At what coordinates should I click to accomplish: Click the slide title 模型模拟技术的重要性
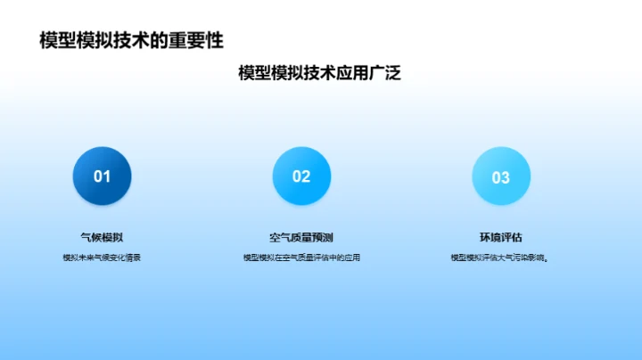[131, 41]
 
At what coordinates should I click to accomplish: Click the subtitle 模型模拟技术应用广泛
[319, 74]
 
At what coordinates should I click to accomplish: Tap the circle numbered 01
[102, 176]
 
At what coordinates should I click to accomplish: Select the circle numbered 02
[301, 176]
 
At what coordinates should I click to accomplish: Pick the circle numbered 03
[501, 177]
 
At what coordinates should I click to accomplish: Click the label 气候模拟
[102, 237]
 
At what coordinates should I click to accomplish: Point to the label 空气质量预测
[301, 237]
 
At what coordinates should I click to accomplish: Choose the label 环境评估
[501, 237]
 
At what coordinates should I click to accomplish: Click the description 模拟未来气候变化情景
[102, 258]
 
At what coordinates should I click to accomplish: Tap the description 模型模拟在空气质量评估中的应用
[301, 258]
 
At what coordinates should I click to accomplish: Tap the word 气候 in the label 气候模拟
[91, 237]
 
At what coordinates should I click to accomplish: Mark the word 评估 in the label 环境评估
[512, 237]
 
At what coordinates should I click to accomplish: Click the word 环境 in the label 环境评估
[490, 237]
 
